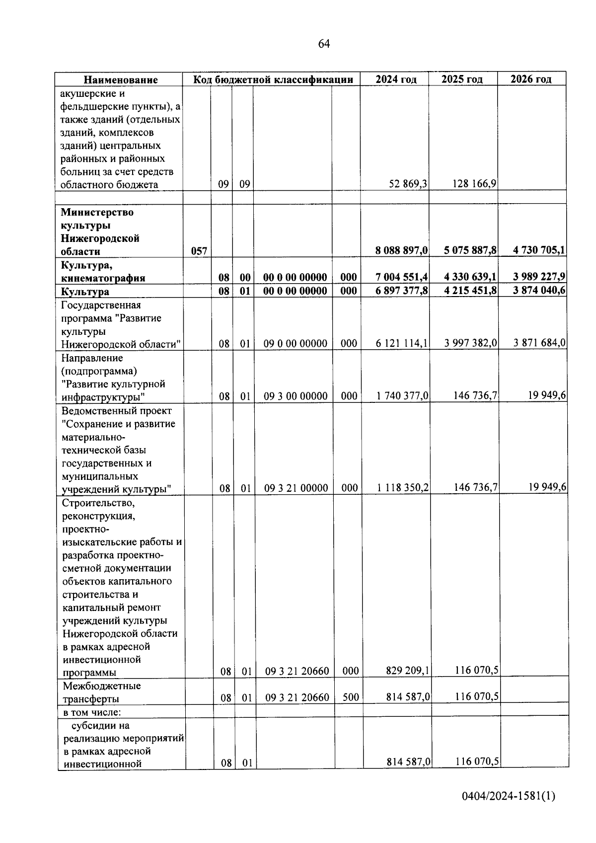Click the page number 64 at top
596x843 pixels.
pos(323,44)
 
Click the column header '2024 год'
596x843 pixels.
pos(395,79)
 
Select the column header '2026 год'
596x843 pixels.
pos(531,79)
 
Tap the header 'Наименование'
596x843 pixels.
pos(120,80)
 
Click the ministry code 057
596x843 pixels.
pos(199,251)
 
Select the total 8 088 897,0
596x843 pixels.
pos(402,251)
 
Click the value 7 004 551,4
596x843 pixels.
pos(402,278)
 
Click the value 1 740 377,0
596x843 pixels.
pos(403,396)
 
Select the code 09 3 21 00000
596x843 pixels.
pos(296,488)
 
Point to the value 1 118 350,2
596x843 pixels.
pos(403,488)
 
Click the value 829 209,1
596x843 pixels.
pos(408,672)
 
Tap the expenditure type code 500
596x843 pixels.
pos(350,698)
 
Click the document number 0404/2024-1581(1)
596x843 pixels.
pos(508,797)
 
